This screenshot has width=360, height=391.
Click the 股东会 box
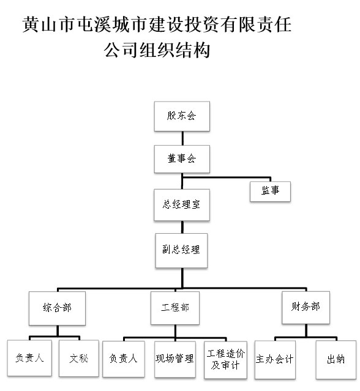pyautogui.click(x=181, y=116)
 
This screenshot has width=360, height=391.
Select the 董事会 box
pyautogui.click(x=181, y=159)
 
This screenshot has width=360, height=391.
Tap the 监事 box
pyautogui.click(x=270, y=191)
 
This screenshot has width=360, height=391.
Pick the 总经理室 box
pyautogui.click(x=181, y=205)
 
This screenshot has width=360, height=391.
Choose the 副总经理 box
pyautogui.click(x=181, y=250)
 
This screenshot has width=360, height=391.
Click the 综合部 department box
pyautogui.click(x=58, y=307)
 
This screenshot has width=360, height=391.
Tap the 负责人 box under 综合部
pyautogui.click(x=29, y=358)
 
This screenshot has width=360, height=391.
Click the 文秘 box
pyautogui.click(x=78, y=358)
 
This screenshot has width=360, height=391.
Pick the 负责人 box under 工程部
pyautogui.click(x=123, y=359)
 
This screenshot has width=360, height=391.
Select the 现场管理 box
pyautogui.click(x=174, y=359)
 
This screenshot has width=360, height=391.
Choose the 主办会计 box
pyautogui.click(x=275, y=359)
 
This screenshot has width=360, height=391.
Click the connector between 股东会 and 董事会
pyautogui.click(x=181, y=137)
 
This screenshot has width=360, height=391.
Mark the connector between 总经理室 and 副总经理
pyautogui.click(x=181, y=226)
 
